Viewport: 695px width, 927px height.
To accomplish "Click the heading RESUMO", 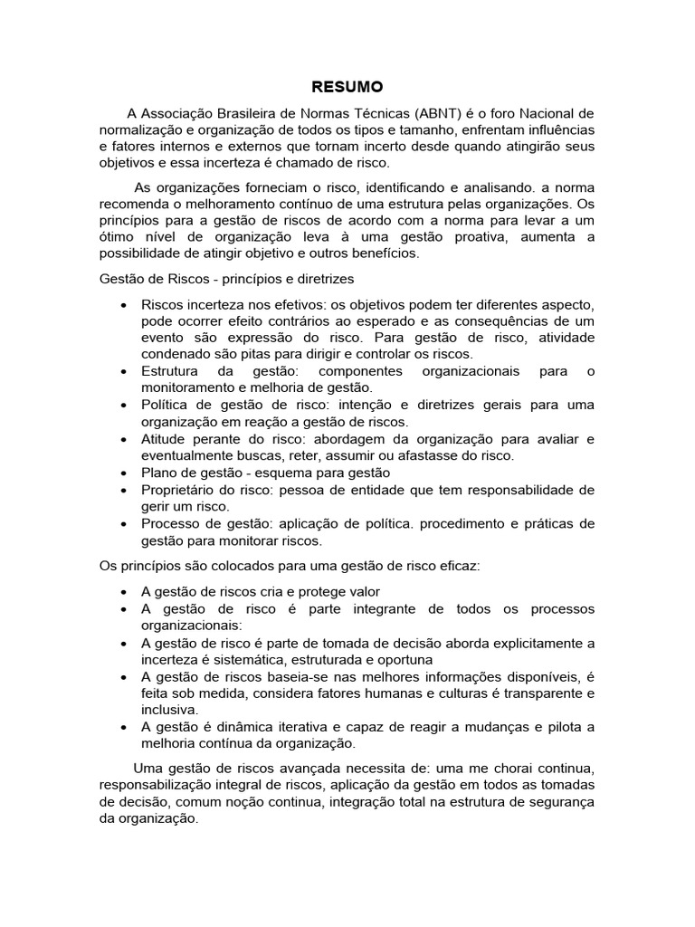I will (x=347, y=87).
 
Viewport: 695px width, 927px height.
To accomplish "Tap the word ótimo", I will (x=118, y=237).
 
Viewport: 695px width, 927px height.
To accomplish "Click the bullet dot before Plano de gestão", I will (x=122, y=473).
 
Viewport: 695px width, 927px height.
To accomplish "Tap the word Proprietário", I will (x=183, y=490).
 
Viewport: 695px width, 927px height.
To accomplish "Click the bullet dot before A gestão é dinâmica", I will (x=122, y=727).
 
